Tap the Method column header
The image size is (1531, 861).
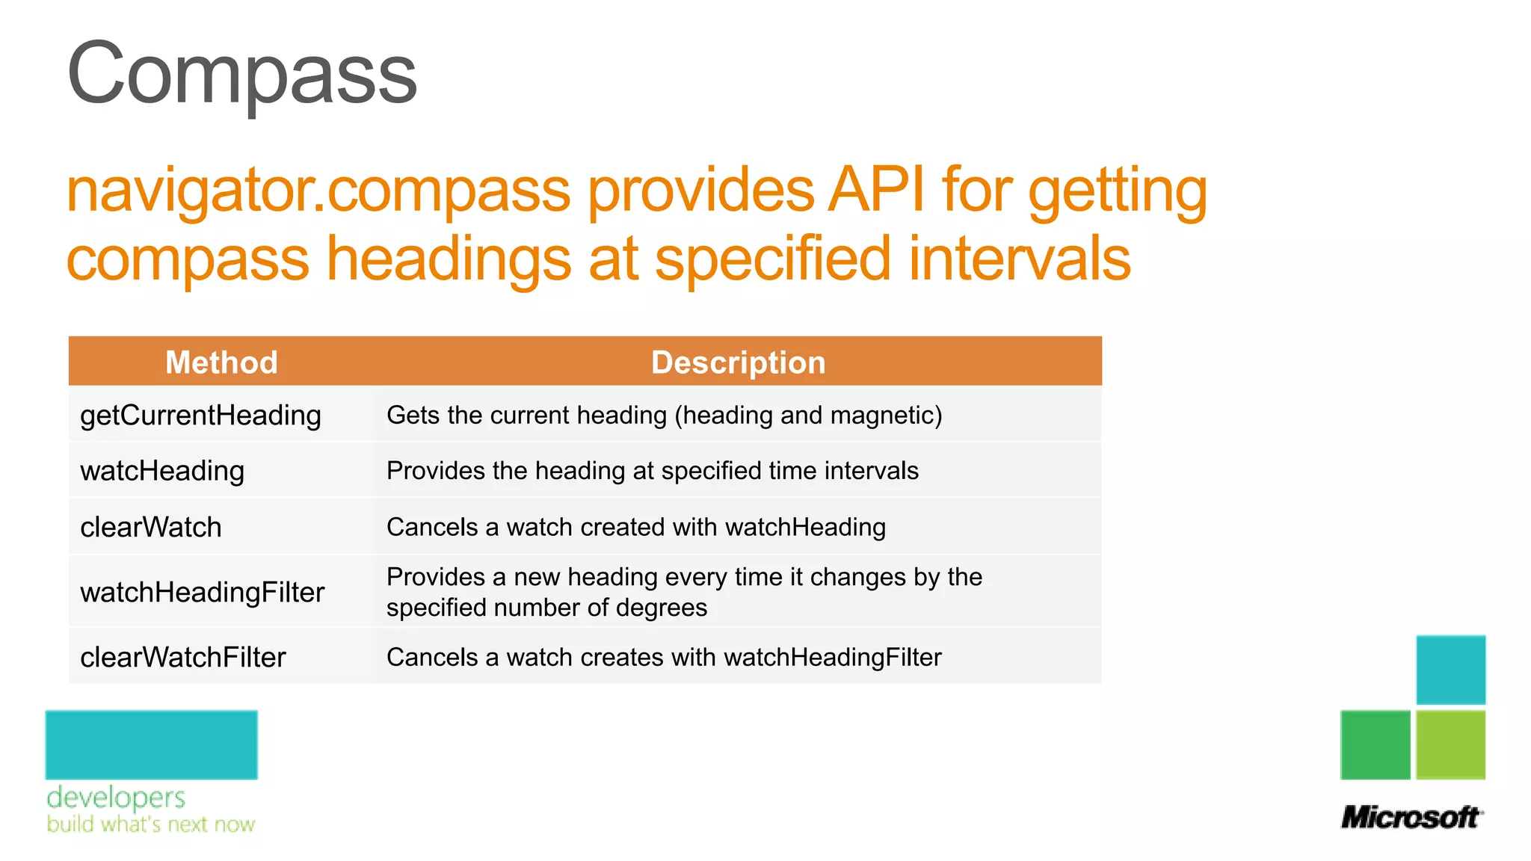pos(221,362)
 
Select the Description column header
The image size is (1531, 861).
pos(738,362)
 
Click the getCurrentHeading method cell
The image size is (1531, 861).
pos(200,416)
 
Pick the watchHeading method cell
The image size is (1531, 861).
pos(162,471)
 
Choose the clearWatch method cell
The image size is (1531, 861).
pos(151,528)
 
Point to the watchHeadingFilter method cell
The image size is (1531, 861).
pos(202,593)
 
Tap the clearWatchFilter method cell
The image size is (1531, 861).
pos(183,658)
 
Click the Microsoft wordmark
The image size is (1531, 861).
pos(1411,817)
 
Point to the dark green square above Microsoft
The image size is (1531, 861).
pos(1375,744)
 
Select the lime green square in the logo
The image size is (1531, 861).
pos(1450,744)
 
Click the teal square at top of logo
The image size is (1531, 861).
pos(1450,670)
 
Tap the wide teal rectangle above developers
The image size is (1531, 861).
pos(151,744)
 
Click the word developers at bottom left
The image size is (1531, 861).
pos(116,797)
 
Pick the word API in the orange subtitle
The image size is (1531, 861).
pos(875,191)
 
